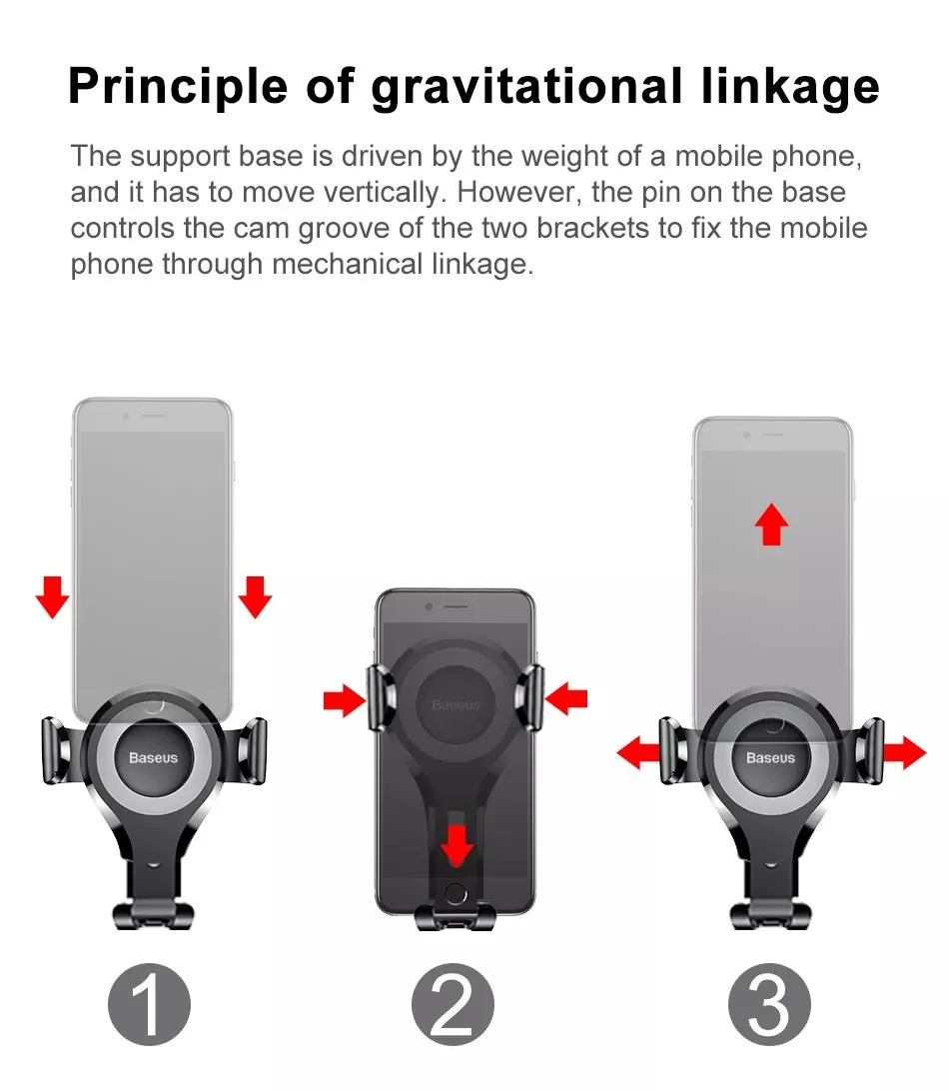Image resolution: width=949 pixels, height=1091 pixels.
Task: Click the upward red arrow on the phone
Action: pos(770,524)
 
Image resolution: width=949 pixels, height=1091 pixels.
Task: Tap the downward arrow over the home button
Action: pos(458,844)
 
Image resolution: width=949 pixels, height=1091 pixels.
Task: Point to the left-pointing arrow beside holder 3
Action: pos(638,752)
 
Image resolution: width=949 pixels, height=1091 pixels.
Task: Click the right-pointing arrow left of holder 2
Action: pos(346,701)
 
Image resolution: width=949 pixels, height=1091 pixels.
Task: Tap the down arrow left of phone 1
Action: pos(53,596)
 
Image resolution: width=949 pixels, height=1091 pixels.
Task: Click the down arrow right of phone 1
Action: pos(256,596)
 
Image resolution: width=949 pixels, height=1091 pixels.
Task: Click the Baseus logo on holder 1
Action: pos(153,757)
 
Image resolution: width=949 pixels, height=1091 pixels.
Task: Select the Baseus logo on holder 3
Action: pos(770,757)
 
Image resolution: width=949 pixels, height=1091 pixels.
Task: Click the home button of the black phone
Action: pos(457,891)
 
